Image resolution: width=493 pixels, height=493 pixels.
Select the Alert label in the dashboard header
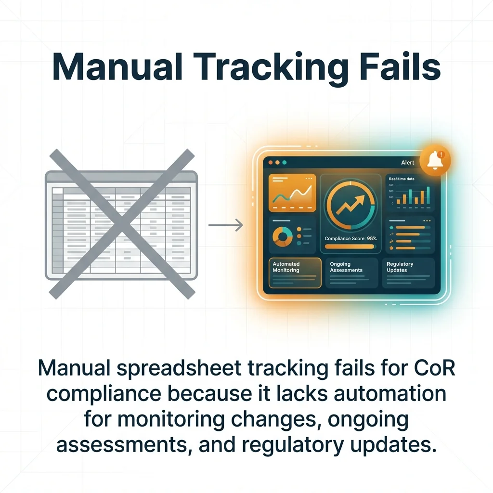[x=407, y=163]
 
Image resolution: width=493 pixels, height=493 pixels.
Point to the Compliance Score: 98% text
[x=350, y=238]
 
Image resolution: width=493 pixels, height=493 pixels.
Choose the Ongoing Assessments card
[x=352, y=272]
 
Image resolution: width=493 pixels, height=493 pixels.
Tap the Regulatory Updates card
[x=408, y=272]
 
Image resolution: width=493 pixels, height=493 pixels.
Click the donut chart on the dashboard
[x=283, y=236]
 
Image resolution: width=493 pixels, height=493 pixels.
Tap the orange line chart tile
[x=292, y=193]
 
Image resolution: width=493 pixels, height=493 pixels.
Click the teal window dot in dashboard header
[x=284, y=163]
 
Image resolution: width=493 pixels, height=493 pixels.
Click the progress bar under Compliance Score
[x=350, y=246]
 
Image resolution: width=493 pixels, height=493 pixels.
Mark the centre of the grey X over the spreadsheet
[x=122, y=224]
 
